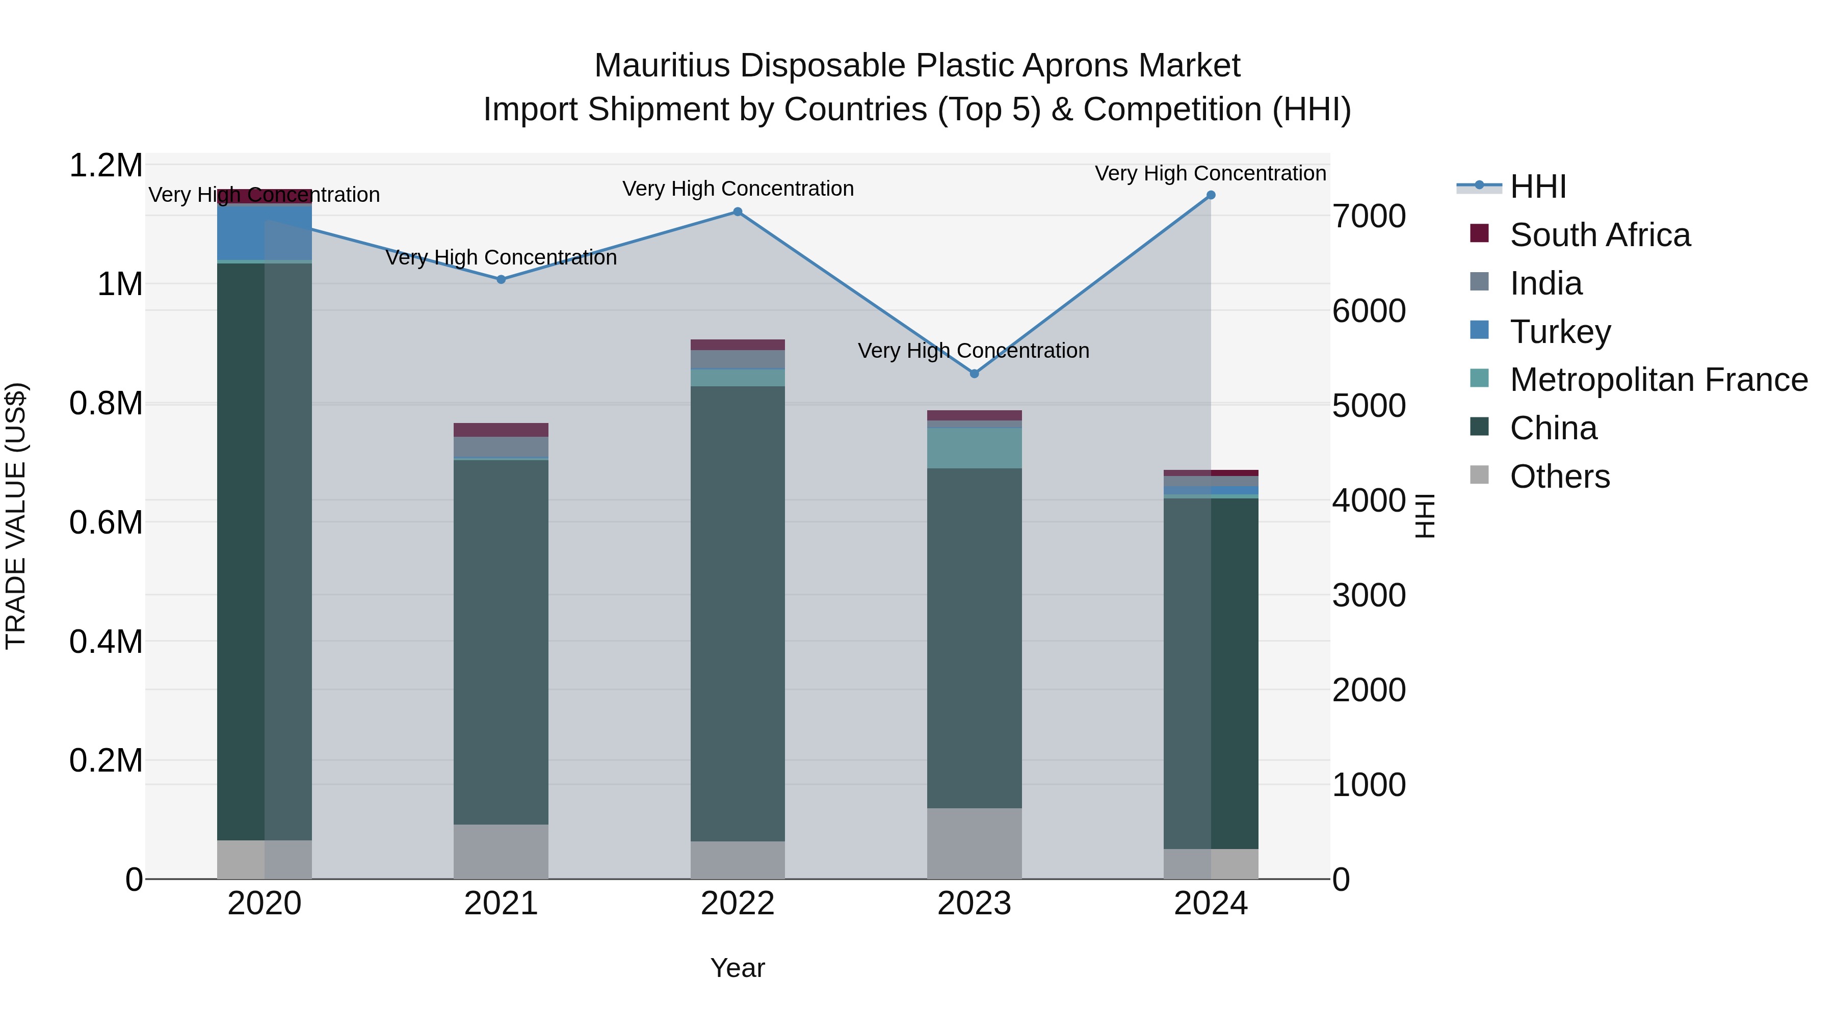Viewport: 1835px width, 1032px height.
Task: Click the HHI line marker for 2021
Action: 501,279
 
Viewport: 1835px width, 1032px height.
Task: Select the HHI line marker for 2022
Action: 737,211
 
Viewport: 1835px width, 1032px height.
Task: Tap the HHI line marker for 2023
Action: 975,373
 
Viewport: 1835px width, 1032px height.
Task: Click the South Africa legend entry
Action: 1599,235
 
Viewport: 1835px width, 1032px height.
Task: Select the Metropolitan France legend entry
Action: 1658,380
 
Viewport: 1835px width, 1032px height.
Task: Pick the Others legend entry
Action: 1559,477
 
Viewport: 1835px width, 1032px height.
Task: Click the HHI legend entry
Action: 1537,187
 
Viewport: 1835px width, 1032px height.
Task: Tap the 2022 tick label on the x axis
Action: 737,904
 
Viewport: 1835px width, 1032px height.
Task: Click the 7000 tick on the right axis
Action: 1369,217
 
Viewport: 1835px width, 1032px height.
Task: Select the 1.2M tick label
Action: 106,166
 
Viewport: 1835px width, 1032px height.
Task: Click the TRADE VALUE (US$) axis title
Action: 16,516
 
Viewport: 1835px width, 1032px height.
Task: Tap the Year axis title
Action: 737,968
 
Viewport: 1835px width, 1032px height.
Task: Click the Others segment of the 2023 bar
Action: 975,843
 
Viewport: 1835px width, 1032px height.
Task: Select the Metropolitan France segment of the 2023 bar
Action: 975,448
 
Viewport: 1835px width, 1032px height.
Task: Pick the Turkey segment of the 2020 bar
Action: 264,232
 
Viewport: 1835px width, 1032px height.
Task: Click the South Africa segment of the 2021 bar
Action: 501,430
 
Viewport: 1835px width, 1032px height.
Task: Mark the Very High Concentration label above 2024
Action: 1210,174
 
